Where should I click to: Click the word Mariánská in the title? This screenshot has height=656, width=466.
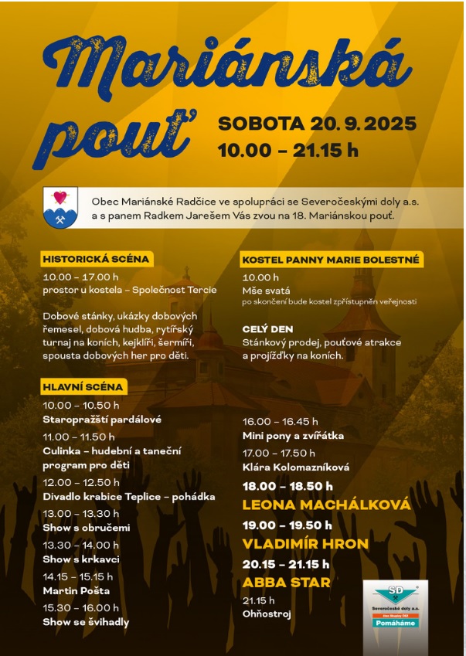coord(224,65)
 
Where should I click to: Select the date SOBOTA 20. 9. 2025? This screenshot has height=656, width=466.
coord(317,124)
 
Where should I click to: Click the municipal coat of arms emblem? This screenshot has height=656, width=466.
coord(60,207)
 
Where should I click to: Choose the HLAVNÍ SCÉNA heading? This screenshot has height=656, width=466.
coord(84,387)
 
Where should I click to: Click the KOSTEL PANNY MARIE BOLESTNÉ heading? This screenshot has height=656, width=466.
coord(331,260)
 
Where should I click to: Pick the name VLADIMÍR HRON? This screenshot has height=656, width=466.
coord(305,543)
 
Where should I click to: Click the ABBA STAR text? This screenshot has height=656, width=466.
coord(276,582)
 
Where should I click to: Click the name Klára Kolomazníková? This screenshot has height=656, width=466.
coord(296,467)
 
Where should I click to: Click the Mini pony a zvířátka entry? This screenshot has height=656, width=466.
coord(294,436)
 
